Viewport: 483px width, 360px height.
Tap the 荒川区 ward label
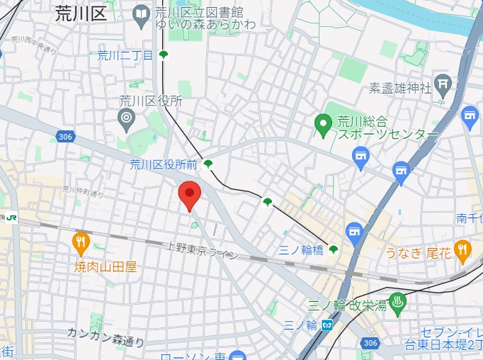tap(81, 13)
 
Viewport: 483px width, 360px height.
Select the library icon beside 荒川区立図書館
tap(142, 13)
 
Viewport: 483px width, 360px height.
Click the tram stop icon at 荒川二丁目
tap(164, 55)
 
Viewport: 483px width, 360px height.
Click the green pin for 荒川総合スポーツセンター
tap(324, 125)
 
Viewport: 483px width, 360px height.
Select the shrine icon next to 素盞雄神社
tap(443, 86)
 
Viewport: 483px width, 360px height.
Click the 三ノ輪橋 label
tap(302, 249)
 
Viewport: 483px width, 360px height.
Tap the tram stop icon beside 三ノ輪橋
tap(333, 249)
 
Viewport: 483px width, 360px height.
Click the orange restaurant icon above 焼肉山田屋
tap(81, 243)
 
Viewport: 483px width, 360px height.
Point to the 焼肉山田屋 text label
tap(106, 267)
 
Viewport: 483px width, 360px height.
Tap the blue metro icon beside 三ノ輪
tap(326, 325)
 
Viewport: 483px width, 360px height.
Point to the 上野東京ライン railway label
tap(203, 251)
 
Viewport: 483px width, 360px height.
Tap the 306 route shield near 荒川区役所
tap(65, 136)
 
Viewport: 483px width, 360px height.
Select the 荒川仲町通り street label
tap(83, 191)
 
